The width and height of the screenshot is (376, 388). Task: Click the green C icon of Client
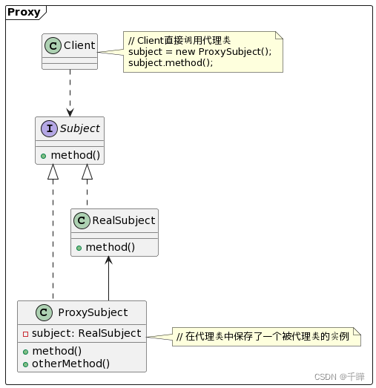53,46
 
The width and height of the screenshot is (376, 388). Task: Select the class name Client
79,46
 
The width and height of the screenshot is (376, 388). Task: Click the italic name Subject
79,129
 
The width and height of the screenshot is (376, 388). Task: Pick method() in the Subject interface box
75,154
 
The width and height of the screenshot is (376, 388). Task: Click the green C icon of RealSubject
82,220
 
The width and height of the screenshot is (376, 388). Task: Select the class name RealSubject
123,220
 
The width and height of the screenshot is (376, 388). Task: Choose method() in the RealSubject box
111,246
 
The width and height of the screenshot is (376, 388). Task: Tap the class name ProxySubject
92,312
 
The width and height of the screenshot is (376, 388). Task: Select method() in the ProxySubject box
56,351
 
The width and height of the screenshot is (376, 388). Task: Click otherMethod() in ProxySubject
70,364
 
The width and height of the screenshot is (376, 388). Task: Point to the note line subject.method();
171,63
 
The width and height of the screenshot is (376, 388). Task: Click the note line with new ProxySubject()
199,51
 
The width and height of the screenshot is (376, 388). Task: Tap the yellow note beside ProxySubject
265,338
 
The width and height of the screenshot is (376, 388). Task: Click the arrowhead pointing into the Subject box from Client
70,112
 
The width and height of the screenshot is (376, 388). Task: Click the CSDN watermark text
339,377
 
